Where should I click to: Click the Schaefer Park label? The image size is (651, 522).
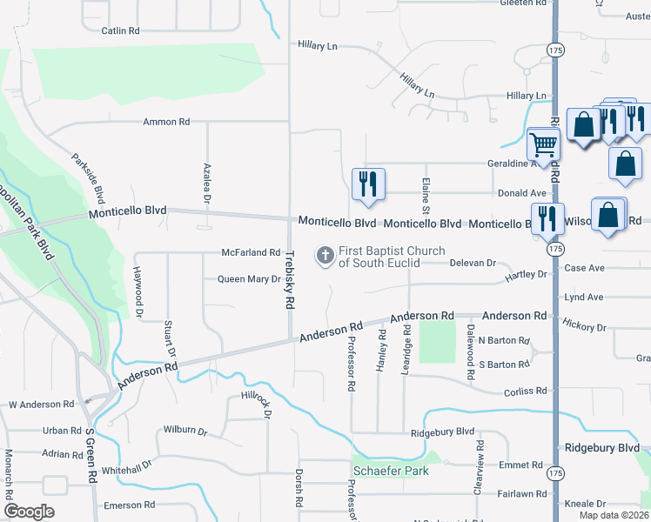tap(391, 472)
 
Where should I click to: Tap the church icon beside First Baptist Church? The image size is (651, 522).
tap(325, 256)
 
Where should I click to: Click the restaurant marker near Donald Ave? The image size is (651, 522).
tap(367, 184)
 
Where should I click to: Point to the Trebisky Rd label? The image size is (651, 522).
tap(288, 281)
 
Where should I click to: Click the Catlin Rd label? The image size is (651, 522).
tap(121, 31)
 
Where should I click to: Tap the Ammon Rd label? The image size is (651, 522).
tap(166, 123)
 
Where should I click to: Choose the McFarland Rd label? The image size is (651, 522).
tap(250, 253)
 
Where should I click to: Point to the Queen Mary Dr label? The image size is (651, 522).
tap(249, 279)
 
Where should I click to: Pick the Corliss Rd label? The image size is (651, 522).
tap(525, 392)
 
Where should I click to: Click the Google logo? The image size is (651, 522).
tap(29, 512)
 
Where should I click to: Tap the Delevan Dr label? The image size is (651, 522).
tap(473, 263)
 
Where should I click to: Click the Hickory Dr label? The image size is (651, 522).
tap(584, 328)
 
